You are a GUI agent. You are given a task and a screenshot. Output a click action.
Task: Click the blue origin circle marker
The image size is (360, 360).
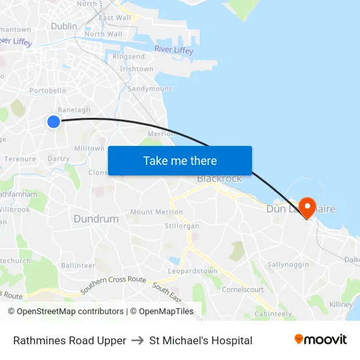[54, 121]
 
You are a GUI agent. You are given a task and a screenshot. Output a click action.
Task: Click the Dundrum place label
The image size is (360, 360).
[96, 219]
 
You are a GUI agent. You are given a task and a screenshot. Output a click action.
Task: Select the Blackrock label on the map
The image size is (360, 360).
[219, 179]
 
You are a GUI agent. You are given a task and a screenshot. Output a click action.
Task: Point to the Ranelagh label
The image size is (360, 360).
[74, 110]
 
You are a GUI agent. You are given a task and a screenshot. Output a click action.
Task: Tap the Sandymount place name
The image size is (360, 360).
[149, 88]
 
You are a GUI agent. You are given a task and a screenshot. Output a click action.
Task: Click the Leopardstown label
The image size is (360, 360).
[192, 271]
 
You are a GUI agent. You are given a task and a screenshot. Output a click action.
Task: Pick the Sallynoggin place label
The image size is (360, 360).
[288, 264]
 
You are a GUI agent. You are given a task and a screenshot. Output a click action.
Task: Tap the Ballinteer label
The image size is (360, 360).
[78, 266]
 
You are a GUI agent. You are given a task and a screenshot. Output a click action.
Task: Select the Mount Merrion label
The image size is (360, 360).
[156, 212]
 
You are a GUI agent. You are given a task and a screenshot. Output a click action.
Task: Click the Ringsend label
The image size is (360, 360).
[128, 57]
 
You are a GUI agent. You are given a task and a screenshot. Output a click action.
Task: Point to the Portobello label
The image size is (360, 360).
[48, 90]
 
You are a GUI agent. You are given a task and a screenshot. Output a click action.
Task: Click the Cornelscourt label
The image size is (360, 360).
[243, 289]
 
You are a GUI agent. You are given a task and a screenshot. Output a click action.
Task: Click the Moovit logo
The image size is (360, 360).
[321, 340]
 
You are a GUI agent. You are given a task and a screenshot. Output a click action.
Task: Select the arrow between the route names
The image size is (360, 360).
[137, 340]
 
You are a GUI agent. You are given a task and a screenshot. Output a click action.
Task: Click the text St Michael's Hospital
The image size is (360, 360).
[200, 340]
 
